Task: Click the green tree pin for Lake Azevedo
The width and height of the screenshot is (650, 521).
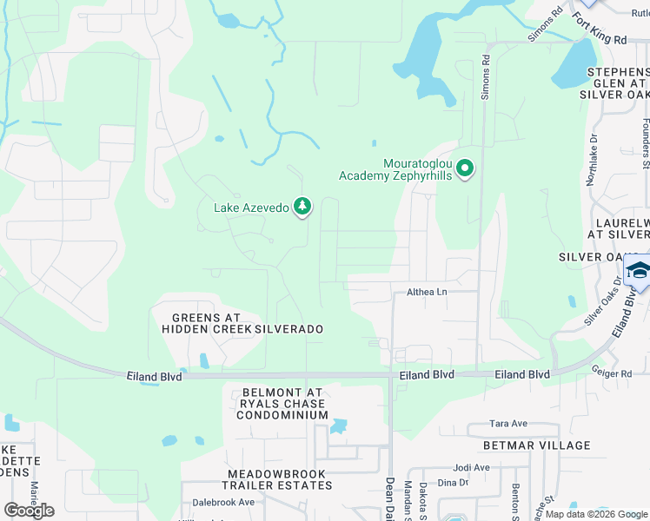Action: (x=302, y=207)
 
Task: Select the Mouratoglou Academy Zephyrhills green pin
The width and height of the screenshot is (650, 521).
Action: (x=465, y=168)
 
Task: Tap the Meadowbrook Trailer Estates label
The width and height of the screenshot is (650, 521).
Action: (x=268, y=479)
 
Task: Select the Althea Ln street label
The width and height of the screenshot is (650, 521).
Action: (x=427, y=293)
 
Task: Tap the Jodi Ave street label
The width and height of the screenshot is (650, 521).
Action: (x=471, y=466)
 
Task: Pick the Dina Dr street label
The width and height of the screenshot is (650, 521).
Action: (x=453, y=483)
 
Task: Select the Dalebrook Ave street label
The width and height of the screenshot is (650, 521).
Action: (x=223, y=502)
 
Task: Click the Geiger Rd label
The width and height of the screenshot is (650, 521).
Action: (x=614, y=373)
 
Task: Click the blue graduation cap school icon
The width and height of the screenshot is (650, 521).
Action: (x=638, y=271)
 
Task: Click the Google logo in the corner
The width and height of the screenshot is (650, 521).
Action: (x=29, y=510)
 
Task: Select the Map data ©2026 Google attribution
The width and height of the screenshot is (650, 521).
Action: (x=596, y=514)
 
